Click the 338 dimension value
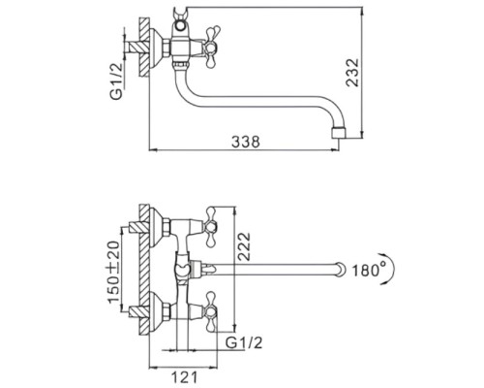click(x=246, y=142)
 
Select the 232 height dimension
click(x=352, y=73)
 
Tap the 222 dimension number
click(x=244, y=246)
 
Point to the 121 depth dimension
click(x=184, y=377)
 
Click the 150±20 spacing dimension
click(x=113, y=273)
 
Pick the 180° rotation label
click(x=369, y=271)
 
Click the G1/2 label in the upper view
click(x=116, y=81)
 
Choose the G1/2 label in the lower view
click(x=244, y=342)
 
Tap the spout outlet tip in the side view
click(x=339, y=133)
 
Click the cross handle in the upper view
click(x=211, y=48)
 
